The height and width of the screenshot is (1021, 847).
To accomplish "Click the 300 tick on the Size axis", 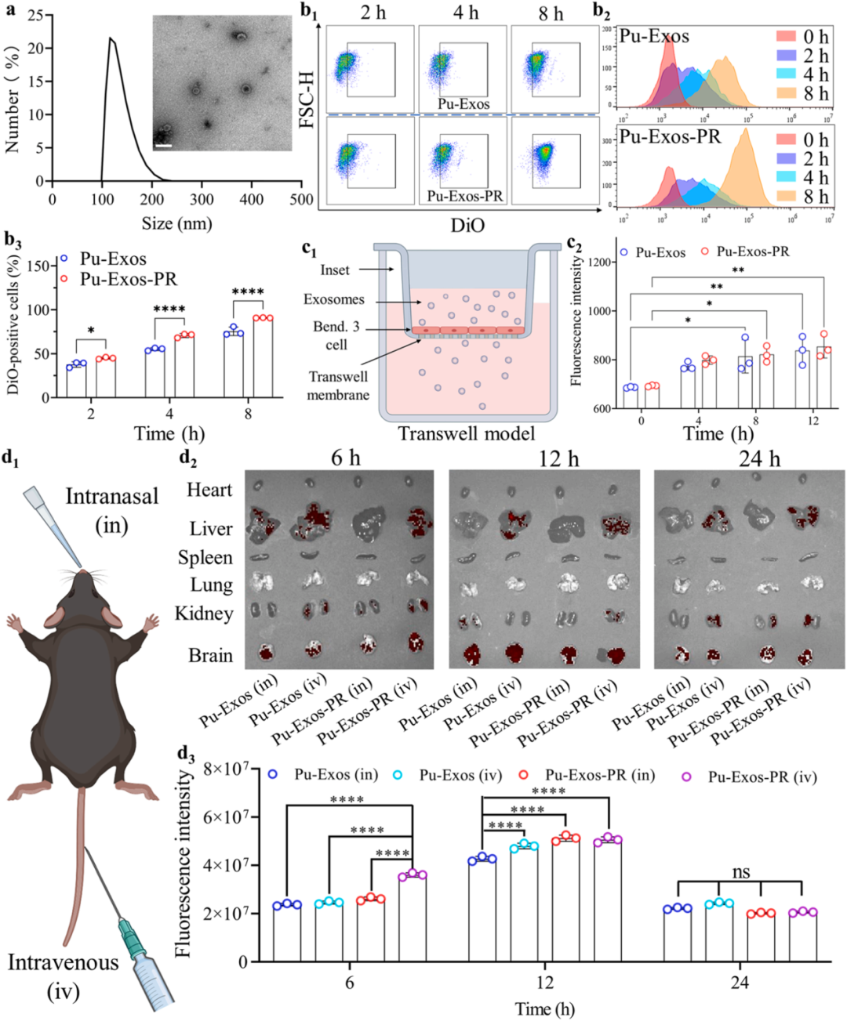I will pos(202,199).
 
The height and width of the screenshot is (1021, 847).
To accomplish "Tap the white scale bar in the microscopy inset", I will pos(163,144).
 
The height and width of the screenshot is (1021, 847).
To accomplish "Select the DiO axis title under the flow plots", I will pos(467,225).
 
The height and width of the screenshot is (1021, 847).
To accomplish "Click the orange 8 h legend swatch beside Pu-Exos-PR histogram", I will pos(787,197).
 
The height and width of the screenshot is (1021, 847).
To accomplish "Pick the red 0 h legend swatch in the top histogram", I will pos(787,37).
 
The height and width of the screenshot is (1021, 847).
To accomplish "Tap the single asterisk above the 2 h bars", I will pos(91,331).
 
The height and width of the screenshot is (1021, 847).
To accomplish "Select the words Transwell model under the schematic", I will pos(467,433).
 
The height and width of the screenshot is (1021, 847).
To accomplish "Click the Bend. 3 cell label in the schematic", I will pos(336,335).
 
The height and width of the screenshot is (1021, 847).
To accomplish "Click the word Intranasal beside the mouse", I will pos(111,496).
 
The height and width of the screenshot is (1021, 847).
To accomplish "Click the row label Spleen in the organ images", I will pos(205,557).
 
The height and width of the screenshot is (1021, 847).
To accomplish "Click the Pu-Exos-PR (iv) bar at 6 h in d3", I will pos(413,918).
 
